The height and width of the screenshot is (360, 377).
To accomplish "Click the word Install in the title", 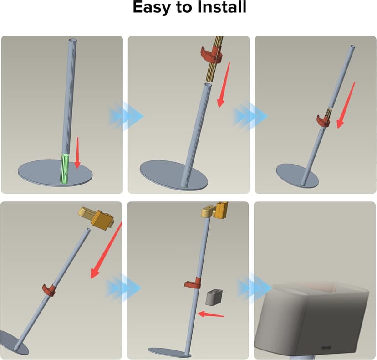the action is coord(222,7).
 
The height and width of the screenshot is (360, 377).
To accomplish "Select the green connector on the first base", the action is coord(65,169).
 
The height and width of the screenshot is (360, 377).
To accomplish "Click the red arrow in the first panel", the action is coord(77,153).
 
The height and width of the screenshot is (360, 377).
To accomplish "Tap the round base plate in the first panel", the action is coord(55,173).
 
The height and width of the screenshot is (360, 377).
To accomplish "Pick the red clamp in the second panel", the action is coord(212,55).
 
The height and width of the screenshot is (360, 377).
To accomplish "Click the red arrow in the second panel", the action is coord(224,85).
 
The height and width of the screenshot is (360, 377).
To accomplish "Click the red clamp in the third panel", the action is coord(323,121).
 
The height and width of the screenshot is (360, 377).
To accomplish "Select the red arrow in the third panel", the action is coord(346,105).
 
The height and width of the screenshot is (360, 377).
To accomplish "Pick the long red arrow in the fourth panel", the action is coord(107,250).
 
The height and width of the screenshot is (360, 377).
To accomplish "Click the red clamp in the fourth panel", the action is coord(49,290).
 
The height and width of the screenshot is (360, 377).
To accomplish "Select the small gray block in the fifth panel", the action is coord(214,298).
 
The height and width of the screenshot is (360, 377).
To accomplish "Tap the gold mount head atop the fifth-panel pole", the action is coord(214,211).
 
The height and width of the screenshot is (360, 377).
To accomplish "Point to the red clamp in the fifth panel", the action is coord(193,283).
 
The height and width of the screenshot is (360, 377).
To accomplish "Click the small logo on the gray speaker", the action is coord(326,348).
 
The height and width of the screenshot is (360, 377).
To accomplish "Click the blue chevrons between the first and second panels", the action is coord(126,117).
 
